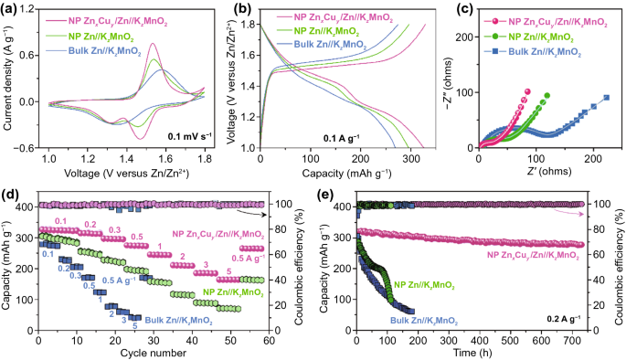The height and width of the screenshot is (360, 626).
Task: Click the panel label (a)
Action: tap(9, 8)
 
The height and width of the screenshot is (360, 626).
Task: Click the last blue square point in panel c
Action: tap(606, 98)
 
